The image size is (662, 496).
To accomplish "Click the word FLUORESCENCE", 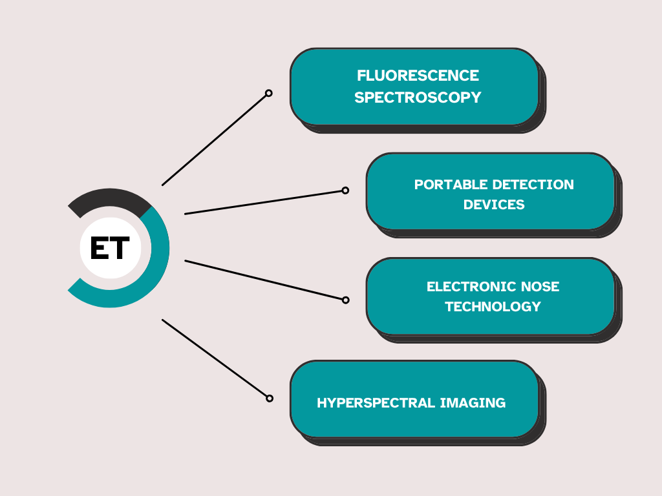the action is click(418, 76).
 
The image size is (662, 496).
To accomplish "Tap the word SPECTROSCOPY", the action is click(418, 98).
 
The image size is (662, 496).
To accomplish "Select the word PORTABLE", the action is click(451, 184).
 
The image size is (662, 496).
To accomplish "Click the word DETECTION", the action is click(533, 184).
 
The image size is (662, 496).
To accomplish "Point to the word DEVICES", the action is click(494, 205).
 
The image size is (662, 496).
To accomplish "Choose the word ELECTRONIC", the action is click(471, 286).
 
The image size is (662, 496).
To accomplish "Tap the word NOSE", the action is click(540, 286).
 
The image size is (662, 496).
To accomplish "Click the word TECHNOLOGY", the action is click(493, 306).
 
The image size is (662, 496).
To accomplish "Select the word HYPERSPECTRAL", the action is click(376, 403).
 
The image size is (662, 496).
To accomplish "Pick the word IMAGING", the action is click(473, 403).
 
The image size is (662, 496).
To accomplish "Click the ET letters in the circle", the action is click(110, 248).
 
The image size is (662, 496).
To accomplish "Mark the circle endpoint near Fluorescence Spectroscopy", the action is click(268, 93).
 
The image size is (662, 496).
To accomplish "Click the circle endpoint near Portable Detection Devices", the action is click(345, 191).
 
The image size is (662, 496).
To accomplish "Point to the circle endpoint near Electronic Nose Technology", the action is click(345, 300).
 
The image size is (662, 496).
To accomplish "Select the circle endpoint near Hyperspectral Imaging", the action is click(270, 398).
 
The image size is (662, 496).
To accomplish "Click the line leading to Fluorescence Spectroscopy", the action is click(214, 140).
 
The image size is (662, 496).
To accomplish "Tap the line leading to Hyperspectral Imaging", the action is click(214, 358).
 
